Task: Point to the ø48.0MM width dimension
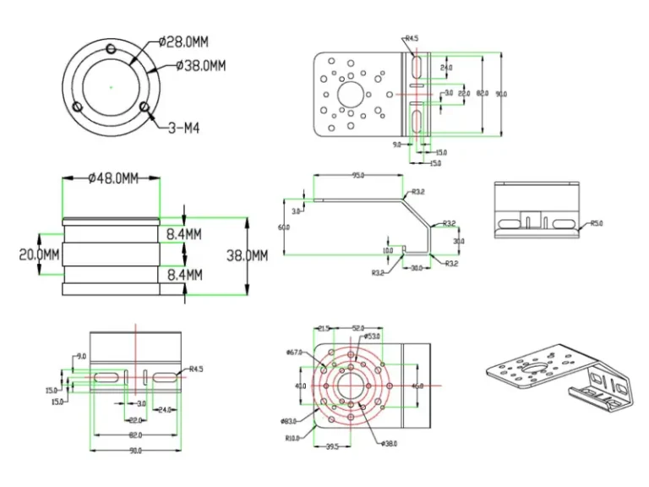pyautogui.click(x=112, y=178)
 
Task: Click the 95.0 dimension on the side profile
pyautogui.click(x=357, y=176)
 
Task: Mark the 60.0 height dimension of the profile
pyautogui.click(x=284, y=227)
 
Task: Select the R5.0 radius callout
pyautogui.click(x=596, y=223)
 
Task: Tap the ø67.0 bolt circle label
pyautogui.click(x=295, y=352)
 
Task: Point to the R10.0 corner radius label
pyautogui.click(x=295, y=438)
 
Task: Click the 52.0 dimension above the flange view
pyautogui.click(x=357, y=328)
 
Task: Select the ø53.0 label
pyautogui.click(x=373, y=336)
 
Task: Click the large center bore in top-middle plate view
pyautogui.click(x=352, y=93)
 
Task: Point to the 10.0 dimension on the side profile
pyautogui.click(x=387, y=250)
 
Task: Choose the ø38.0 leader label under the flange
pyautogui.click(x=389, y=443)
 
